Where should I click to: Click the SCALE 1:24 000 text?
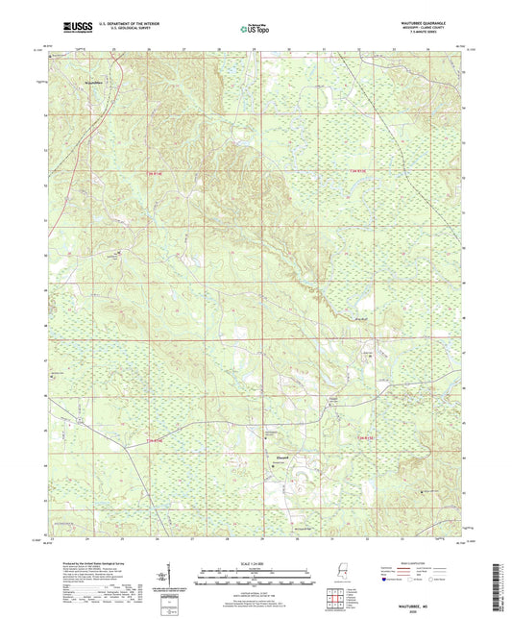(256, 562)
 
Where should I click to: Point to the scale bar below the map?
(256, 579)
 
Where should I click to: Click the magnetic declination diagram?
(170, 576)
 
